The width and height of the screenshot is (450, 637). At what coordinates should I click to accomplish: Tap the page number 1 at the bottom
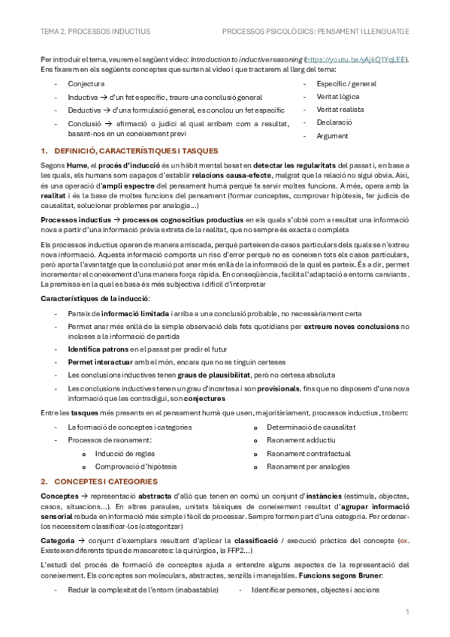coord(406,612)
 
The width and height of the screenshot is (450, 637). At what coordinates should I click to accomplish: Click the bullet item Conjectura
coord(86,84)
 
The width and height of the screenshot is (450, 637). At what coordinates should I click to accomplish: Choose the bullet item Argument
coord(332,136)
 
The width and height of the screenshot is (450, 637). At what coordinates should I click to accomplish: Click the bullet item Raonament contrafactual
coord(309,454)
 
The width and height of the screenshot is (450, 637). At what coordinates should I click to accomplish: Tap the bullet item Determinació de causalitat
coord(310,427)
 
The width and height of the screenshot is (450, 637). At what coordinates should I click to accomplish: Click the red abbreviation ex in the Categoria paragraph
coord(404,541)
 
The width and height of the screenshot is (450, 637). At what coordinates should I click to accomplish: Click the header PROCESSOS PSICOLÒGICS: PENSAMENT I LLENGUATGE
coord(316,32)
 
